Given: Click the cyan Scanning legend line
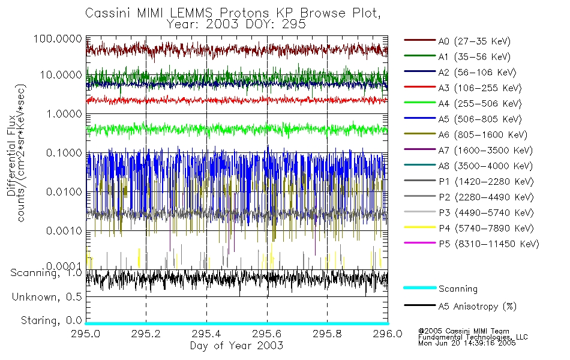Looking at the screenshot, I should [419, 289].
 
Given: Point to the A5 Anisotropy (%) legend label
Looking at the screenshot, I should [477, 307].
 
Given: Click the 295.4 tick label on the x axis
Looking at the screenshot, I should [206, 333].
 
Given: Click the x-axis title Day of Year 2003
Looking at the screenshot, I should [236, 346].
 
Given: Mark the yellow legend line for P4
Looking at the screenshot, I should [419, 229].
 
